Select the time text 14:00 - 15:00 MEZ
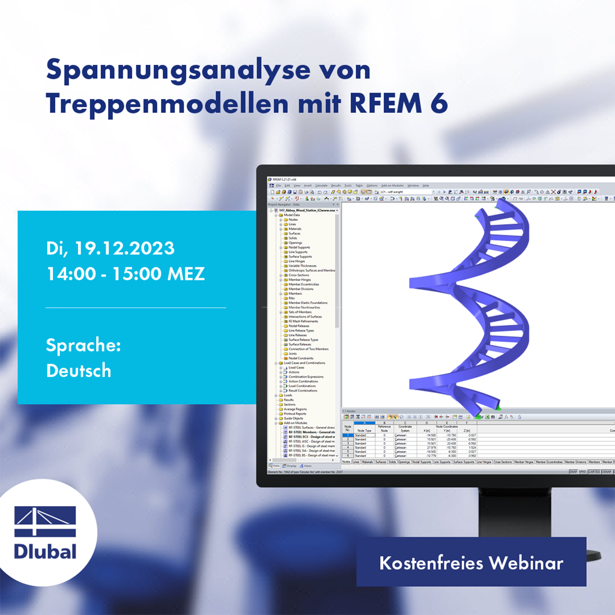pyautogui.click(x=126, y=274)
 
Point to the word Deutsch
pyautogui.click(x=79, y=371)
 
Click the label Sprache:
pyautogui.click(x=83, y=345)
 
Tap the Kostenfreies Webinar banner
pyautogui.click(x=471, y=563)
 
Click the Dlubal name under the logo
pyautogui.click(x=45, y=551)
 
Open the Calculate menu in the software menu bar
pyautogui.click(x=321, y=186)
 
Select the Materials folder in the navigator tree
pyautogui.click(x=295, y=229)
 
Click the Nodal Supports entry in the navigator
pyautogui.click(x=299, y=247)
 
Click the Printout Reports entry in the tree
pyautogui.click(x=297, y=414)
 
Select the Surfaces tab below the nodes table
pyautogui.click(x=381, y=462)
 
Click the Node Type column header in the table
pyautogui.click(x=364, y=431)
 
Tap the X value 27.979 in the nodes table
pyautogui.click(x=431, y=447)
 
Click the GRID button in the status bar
pyautogui.click(x=581, y=471)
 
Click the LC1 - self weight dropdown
pyautogui.click(x=405, y=192)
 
